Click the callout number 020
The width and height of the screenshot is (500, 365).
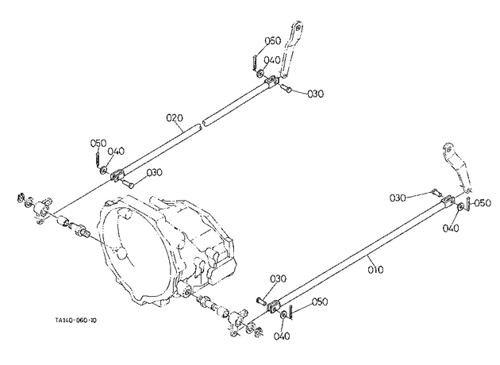(175, 118)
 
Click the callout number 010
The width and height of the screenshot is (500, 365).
(375, 270)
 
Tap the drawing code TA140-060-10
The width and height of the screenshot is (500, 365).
(75, 320)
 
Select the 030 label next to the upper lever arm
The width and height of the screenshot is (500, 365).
(315, 94)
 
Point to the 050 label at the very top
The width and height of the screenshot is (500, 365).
(273, 40)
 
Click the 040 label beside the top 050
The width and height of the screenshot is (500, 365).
(272, 60)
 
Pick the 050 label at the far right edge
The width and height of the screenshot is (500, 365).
(483, 203)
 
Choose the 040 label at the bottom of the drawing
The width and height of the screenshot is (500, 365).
(282, 336)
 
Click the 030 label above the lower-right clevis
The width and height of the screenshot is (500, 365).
(278, 279)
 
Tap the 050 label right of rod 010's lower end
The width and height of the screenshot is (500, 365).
(320, 302)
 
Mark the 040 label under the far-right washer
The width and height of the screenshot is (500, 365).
(451, 229)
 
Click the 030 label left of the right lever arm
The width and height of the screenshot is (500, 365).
(398, 198)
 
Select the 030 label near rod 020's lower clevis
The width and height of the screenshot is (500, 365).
(154, 172)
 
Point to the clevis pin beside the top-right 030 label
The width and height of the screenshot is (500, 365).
(286, 87)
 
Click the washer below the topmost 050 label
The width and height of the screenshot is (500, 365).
(260, 74)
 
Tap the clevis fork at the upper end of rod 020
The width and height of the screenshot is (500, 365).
(271, 81)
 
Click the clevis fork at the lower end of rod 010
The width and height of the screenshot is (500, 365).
(274, 306)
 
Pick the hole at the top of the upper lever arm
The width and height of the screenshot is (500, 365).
(298, 28)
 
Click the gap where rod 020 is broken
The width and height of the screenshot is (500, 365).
(202, 124)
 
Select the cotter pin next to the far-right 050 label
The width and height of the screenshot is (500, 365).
(468, 204)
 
